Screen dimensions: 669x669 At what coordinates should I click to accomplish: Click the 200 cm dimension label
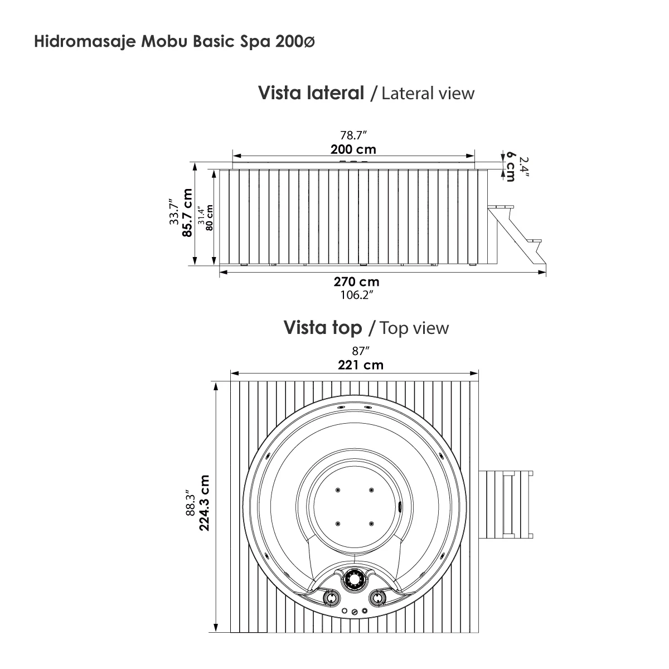pyautogui.click(x=353, y=149)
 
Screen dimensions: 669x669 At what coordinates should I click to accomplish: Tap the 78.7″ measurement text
pyautogui.click(x=353, y=135)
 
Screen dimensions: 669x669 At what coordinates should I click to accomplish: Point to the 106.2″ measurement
pyautogui.click(x=356, y=295)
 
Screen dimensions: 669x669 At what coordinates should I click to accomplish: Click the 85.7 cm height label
pyautogui.click(x=187, y=213)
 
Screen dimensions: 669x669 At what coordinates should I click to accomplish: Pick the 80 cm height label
pyautogui.click(x=210, y=217)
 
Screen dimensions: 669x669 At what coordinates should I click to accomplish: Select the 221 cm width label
pyautogui.click(x=360, y=365)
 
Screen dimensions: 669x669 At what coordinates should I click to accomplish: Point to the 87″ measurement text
pyautogui.click(x=361, y=351)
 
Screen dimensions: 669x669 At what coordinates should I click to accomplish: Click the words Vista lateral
pyautogui.click(x=310, y=93)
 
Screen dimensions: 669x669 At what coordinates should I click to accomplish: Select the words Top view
pyautogui.click(x=414, y=328)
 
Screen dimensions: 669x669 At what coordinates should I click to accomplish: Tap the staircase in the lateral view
pyautogui.click(x=516, y=234)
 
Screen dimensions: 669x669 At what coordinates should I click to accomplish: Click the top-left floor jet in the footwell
pyautogui.click(x=338, y=490)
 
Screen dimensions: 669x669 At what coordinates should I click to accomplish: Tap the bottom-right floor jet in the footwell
pyautogui.click(x=371, y=523)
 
